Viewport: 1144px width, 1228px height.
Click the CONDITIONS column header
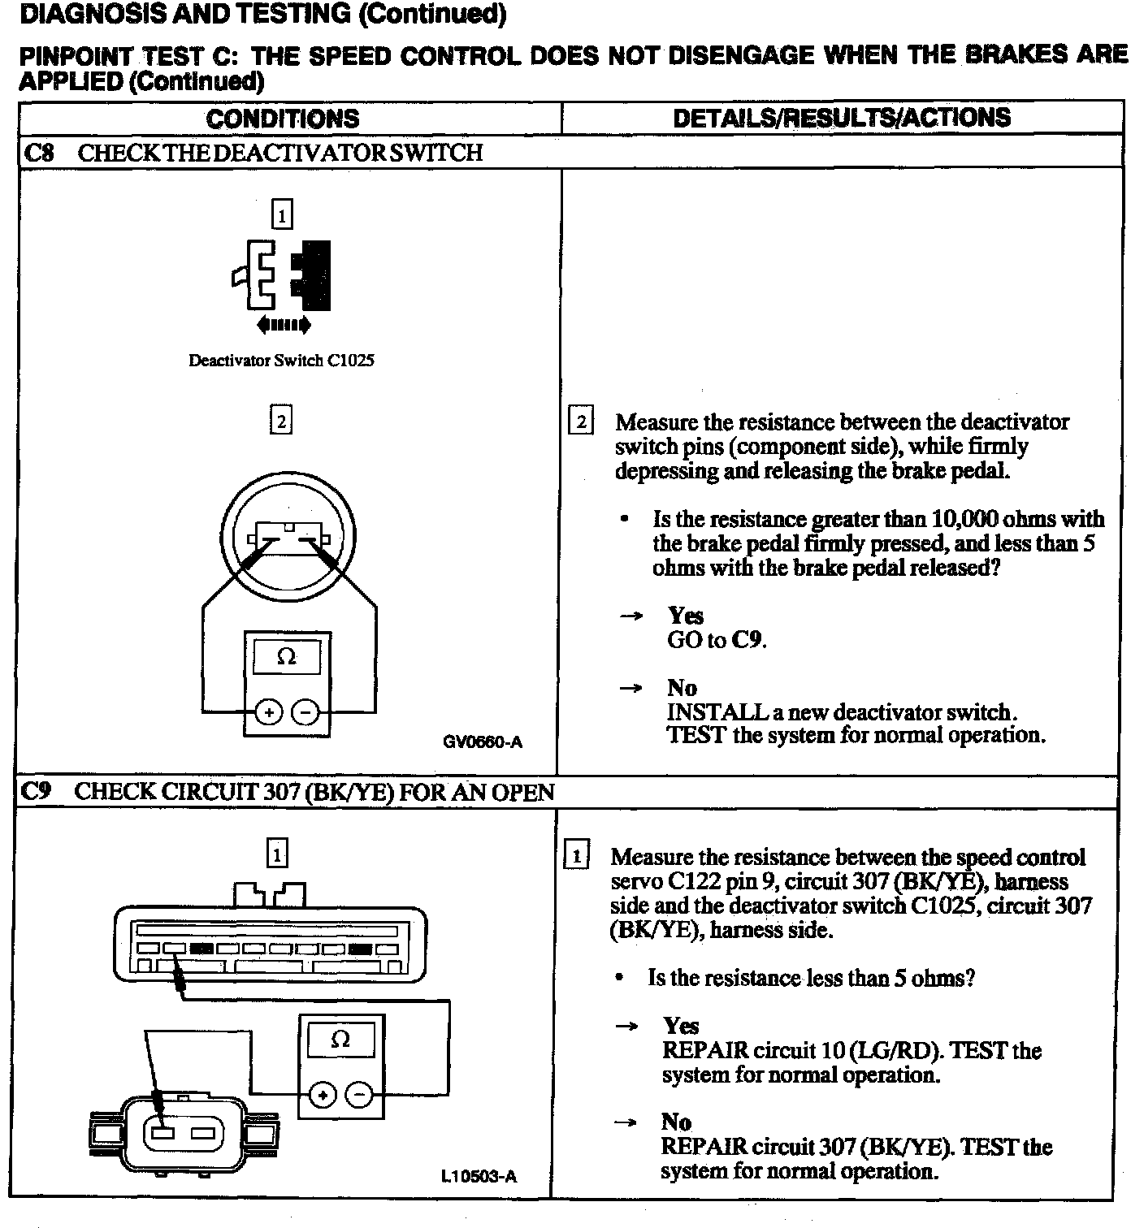(x=282, y=119)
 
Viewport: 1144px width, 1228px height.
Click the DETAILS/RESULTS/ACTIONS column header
(x=842, y=118)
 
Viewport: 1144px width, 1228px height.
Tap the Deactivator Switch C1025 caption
(x=281, y=361)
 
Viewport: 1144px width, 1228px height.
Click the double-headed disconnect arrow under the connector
(x=283, y=326)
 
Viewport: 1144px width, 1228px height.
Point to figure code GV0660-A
(x=483, y=742)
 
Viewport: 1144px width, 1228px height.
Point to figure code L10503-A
(x=479, y=1176)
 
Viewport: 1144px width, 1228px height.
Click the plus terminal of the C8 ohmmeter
(x=268, y=713)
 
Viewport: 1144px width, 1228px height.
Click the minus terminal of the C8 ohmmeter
(x=305, y=713)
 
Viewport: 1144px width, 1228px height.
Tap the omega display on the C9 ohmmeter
(x=340, y=1040)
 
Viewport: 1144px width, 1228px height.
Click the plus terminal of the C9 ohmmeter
(x=323, y=1096)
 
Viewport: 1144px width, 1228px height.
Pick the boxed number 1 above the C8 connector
(x=281, y=215)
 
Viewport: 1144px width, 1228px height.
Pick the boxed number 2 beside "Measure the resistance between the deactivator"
(x=580, y=422)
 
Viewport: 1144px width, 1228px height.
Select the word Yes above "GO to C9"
(x=685, y=616)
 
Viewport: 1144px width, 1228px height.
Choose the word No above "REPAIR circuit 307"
(x=676, y=1122)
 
